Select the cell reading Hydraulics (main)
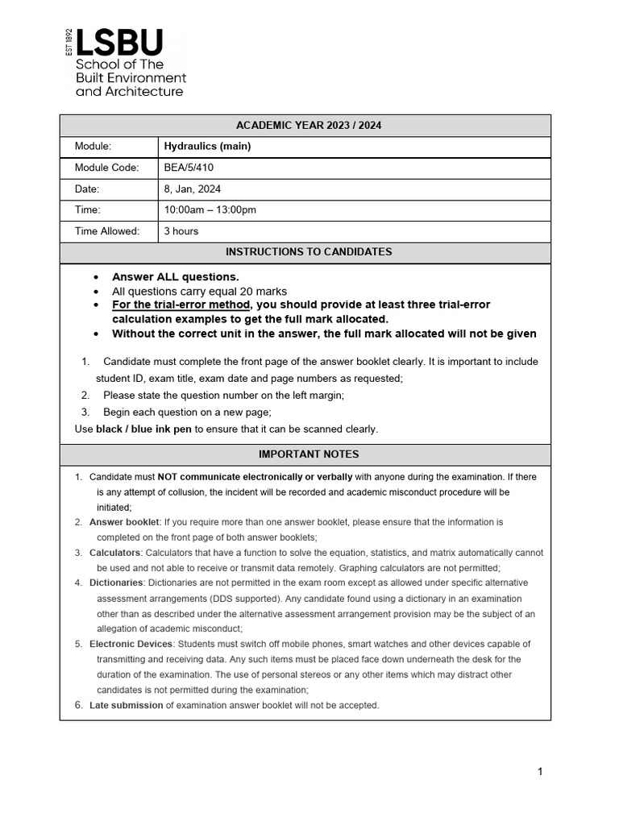(207, 147)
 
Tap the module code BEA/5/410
(189, 168)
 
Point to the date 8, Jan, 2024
(192, 189)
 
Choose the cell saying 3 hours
(181, 231)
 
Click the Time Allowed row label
(107, 231)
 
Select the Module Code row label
(106, 168)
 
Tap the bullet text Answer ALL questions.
(175, 277)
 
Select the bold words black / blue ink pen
(143, 429)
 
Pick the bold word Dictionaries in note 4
(116, 582)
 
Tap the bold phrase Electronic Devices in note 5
(131, 644)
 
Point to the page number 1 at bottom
(540, 772)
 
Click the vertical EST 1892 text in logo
(69, 42)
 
